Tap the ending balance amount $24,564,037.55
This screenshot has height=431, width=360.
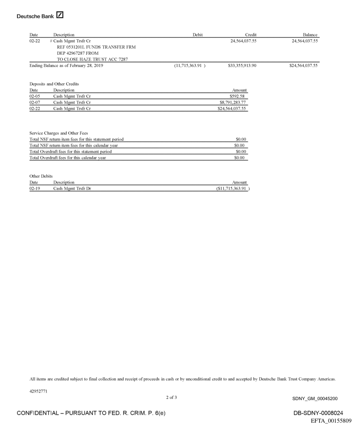point(304,66)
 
